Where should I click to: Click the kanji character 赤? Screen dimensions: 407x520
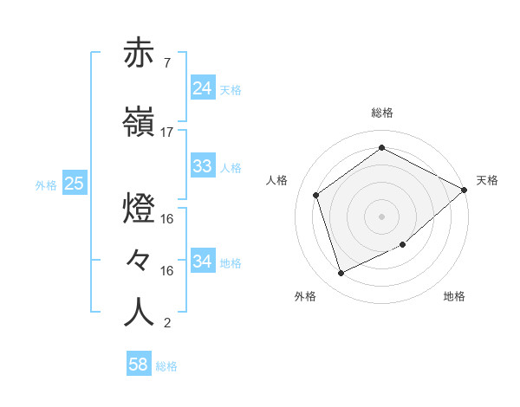point(139,53)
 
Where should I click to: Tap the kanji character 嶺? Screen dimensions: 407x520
point(139,121)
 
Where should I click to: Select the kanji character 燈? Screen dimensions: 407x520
point(139,210)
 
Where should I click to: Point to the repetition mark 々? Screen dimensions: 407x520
point(139,261)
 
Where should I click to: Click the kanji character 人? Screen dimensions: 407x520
point(139,313)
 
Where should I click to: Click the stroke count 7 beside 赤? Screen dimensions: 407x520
point(167,63)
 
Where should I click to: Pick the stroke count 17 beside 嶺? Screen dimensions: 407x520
point(167,132)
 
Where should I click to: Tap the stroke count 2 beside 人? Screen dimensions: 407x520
point(167,324)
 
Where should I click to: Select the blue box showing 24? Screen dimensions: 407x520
point(203,88)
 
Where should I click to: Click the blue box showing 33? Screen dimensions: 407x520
point(203,166)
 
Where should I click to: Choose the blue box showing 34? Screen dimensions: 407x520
point(203,262)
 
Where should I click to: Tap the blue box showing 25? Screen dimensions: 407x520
point(74,184)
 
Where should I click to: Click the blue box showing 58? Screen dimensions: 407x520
point(139,365)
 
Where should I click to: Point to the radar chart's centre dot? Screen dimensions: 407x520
point(381,216)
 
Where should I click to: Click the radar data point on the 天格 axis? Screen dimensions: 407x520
point(465,191)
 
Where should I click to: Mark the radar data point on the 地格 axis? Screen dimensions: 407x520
point(403,245)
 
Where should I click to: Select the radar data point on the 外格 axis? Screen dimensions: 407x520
point(341,274)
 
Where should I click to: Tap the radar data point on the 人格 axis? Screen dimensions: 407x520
point(316,195)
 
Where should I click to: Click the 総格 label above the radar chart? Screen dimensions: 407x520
point(382,113)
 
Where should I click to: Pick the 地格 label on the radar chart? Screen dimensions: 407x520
point(454,297)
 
